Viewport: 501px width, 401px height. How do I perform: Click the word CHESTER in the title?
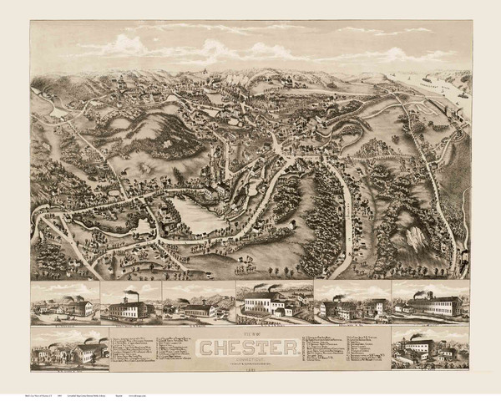click(250, 345)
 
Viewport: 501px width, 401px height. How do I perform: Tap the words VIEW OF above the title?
click(250, 332)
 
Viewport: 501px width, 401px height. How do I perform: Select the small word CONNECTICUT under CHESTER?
click(250, 354)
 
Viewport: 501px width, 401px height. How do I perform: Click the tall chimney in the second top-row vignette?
click(133, 297)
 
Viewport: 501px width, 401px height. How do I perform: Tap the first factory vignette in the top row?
click(65, 302)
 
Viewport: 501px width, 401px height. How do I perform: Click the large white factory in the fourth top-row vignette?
click(267, 302)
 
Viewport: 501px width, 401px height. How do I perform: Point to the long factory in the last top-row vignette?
click(434, 303)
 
